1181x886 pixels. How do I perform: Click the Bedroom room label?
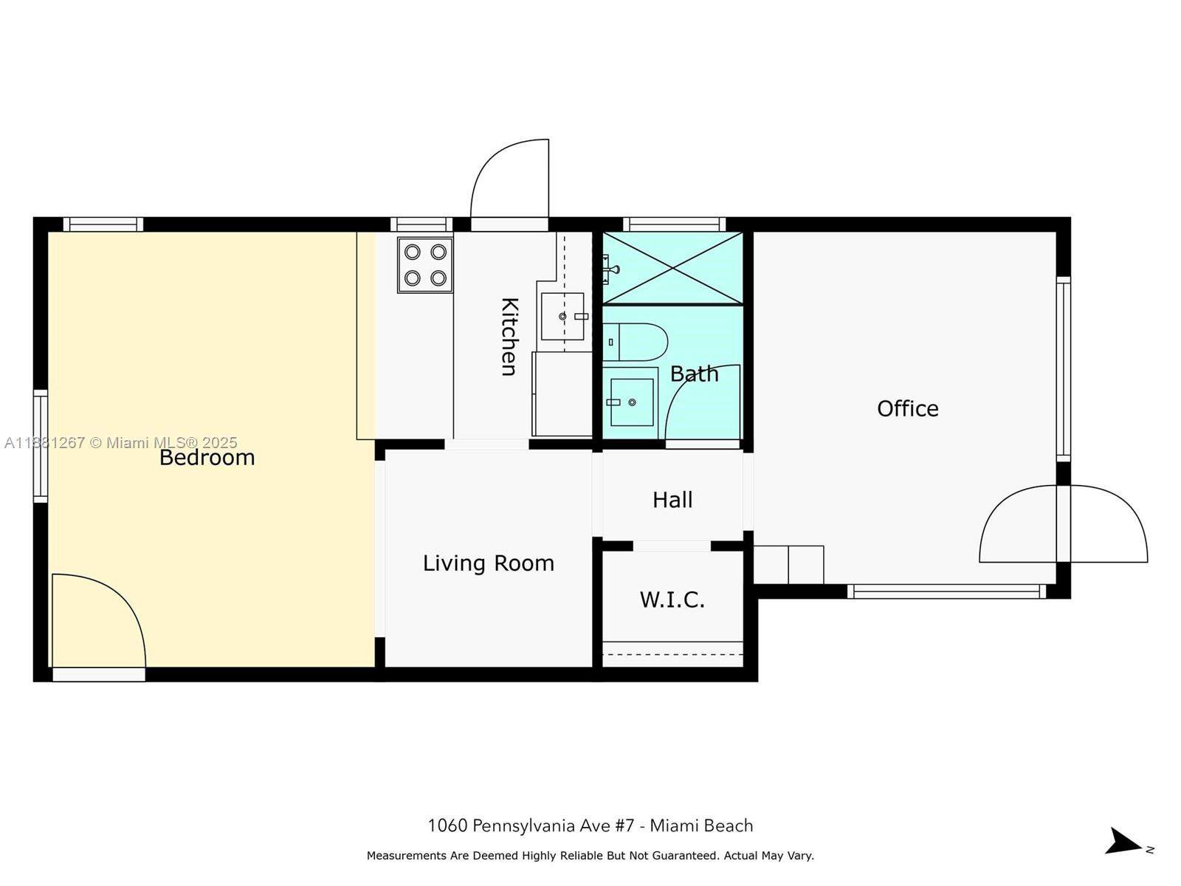point(207,458)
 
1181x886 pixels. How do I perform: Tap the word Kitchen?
point(509,337)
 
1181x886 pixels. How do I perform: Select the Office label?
point(907,408)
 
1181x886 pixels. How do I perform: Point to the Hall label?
point(672,500)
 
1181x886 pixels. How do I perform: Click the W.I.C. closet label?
point(672,600)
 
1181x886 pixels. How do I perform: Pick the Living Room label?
point(488,563)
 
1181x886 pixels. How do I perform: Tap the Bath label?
point(694,374)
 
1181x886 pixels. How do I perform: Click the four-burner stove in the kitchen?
point(425,265)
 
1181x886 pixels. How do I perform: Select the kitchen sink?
point(562,317)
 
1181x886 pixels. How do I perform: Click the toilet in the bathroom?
point(638,342)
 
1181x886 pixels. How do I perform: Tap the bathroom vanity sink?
point(632,402)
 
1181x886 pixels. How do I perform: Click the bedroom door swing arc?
point(100,620)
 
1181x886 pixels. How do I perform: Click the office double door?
point(1064,524)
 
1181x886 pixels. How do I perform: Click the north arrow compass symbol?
point(1125,842)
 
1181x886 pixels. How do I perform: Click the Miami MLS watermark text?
point(121,443)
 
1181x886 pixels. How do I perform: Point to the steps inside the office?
point(788,565)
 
